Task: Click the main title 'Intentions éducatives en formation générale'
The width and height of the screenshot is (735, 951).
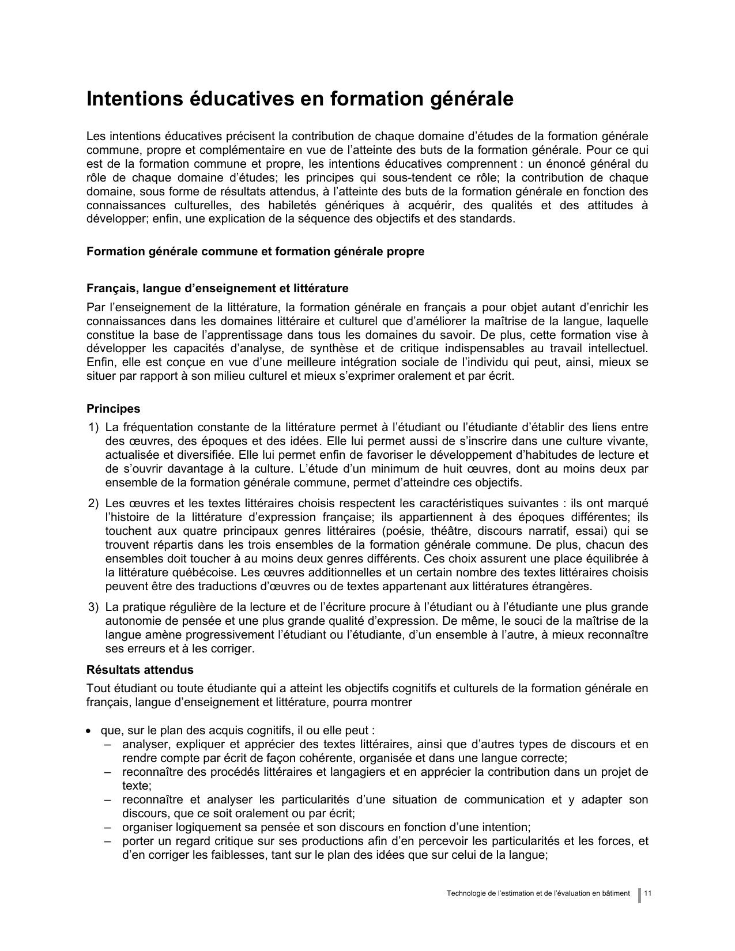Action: [299, 99]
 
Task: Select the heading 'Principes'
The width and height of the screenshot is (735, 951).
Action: [113, 409]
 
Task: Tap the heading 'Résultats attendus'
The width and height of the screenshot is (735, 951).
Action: [140, 670]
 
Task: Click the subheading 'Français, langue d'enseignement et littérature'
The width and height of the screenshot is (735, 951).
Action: [217, 288]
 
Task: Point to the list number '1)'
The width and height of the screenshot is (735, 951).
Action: [93, 428]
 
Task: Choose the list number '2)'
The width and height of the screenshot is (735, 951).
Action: [93, 504]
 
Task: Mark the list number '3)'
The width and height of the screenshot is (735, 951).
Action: [93, 607]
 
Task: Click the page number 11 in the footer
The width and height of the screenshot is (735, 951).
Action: [648, 893]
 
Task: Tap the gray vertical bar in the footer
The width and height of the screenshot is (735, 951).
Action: [639, 895]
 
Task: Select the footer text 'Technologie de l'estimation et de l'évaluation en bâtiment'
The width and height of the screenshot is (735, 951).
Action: [538, 893]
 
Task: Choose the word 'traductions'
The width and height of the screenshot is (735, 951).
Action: [209, 587]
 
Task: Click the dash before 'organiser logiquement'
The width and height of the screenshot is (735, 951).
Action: [108, 828]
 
